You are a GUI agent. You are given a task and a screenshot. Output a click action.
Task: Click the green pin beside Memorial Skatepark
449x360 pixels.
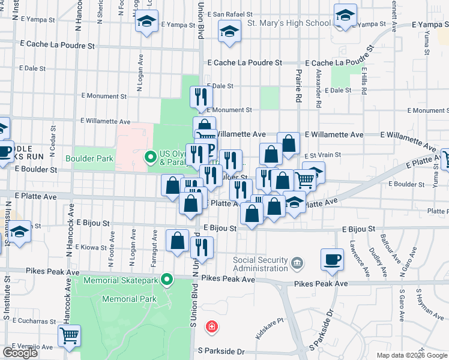(x=168, y=280)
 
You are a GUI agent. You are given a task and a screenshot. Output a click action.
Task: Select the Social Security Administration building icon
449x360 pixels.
(x=297, y=263)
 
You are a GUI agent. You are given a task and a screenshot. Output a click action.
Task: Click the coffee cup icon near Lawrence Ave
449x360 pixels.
(x=332, y=259)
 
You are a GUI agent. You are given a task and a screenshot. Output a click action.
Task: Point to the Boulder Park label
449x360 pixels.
(x=90, y=158)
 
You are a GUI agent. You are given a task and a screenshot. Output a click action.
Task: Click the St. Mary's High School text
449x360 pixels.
(x=289, y=23)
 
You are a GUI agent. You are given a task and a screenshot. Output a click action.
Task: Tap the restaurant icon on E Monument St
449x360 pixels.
(x=200, y=97)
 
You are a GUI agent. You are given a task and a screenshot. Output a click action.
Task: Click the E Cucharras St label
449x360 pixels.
(x=28, y=321)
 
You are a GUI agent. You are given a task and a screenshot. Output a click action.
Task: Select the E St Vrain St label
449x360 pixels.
(x=321, y=154)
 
